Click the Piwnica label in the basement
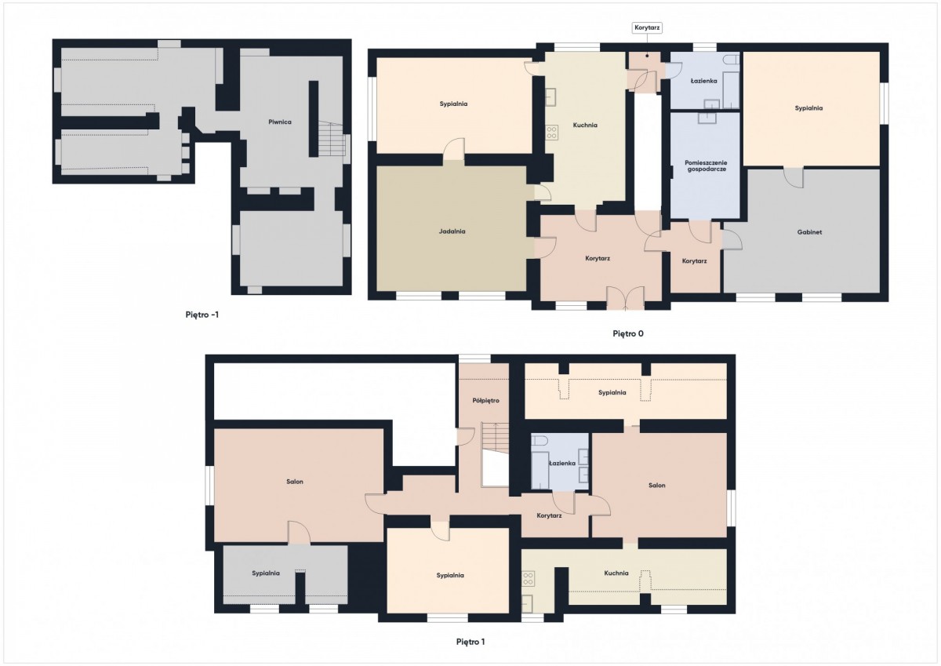pyautogui.click(x=280, y=122)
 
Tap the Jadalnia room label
pyautogui.click(x=452, y=231)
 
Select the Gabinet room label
pyautogui.click(x=809, y=232)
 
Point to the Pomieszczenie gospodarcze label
pyautogui.click(x=706, y=166)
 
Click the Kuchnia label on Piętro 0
pyautogui.click(x=585, y=125)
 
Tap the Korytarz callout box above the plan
pyautogui.click(x=647, y=27)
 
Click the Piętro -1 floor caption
pyautogui.click(x=202, y=315)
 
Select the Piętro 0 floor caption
pyautogui.click(x=627, y=333)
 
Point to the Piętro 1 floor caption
pyautogui.click(x=470, y=642)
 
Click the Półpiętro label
pyautogui.click(x=485, y=400)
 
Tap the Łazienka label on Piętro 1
pyautogui.click(x=562, y=463)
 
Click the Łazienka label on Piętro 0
pyautogui.click(x=703, y=81)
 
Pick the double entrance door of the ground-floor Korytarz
pyautogui.click(x=626, y=298)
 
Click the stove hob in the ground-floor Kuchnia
pyautogui.click(x=551, y=133)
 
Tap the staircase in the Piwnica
pyautogui.click(x=331, y=139)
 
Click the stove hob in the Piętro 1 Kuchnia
pyautogui.click(x=529, y=579)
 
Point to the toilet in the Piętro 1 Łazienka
pyautogui.click(x=539, y=441)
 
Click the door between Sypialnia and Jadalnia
pyautogui.click(x=454, y=151)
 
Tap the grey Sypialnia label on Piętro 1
pyautogui.click(x=266, y=573)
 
